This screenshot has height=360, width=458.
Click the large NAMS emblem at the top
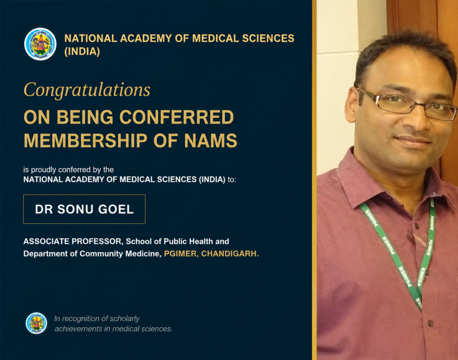[x=40, y=44]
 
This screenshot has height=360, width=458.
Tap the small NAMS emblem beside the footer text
[x=36, y=323]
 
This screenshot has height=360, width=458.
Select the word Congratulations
[x=87, y=90]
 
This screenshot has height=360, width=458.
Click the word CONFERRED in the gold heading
[x=176, y=117]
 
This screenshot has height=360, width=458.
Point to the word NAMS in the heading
[x=211, y=141]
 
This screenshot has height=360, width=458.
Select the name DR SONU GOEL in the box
[x=84, y=209]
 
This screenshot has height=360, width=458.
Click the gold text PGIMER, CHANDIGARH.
[x=211, y=254]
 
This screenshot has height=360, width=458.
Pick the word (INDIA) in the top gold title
[x=82, y=52]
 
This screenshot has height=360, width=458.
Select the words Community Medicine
[x=120, y=254]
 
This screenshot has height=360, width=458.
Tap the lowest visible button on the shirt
[x=431, y=323]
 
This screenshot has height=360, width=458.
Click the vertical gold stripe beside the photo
[x=314, y=180]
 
